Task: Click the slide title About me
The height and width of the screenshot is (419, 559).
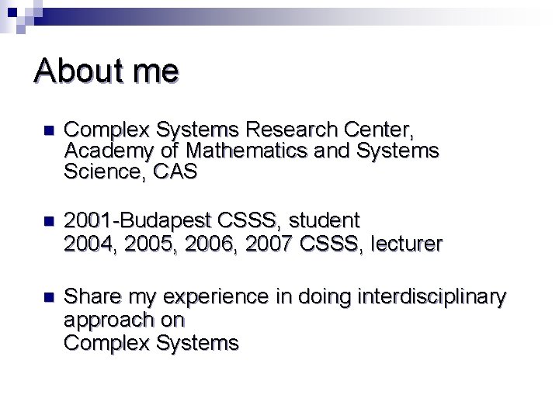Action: tap(106, 71)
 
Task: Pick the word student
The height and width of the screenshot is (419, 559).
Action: tap(325, 221)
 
